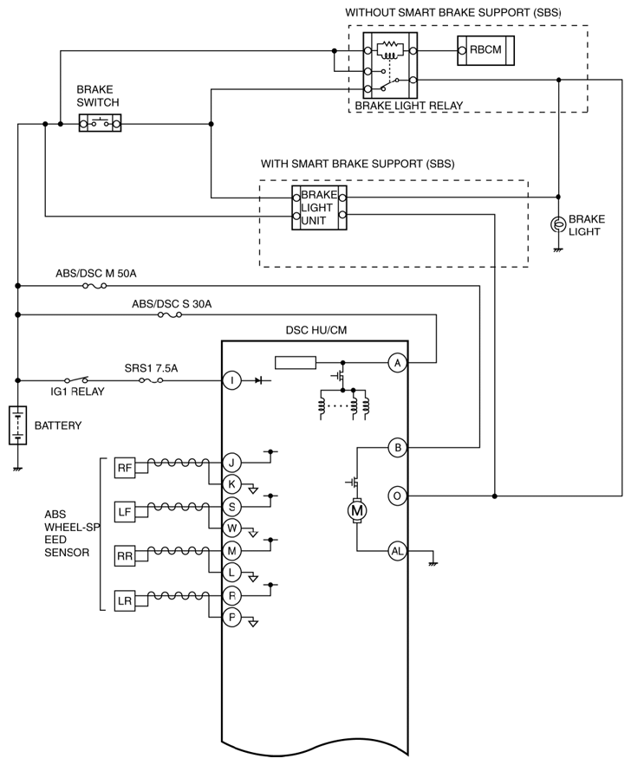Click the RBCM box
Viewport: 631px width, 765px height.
pos(485,50)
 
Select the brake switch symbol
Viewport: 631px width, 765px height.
pos(100,123)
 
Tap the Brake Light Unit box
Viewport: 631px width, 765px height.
pos(319,207)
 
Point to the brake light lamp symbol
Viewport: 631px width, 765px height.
pos(558,224)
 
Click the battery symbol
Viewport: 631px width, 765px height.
pos(17,425)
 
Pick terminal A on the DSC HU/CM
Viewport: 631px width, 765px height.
pos(398,363)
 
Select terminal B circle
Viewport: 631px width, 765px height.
pos(398,447)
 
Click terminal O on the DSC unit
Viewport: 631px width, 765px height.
pos(398,496)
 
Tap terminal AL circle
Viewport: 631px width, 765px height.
pos(398,551)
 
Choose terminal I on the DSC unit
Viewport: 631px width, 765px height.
pos(231,380)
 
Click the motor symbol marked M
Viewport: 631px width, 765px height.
pos(358,511)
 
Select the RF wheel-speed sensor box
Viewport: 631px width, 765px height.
pos(125,468)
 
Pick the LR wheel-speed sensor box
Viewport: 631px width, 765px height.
pos(125,600)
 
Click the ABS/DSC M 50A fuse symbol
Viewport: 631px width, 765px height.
pos(94,286)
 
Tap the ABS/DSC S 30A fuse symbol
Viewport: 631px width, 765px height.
pos(170,315)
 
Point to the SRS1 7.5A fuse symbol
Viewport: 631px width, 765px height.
pos(151,380)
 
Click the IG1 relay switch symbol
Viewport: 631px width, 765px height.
pos(76,379)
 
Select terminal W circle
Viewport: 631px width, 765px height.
pos(231,528)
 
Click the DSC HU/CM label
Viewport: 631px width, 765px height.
pos(316,330)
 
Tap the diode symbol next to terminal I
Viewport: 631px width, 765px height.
pos(259,380)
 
